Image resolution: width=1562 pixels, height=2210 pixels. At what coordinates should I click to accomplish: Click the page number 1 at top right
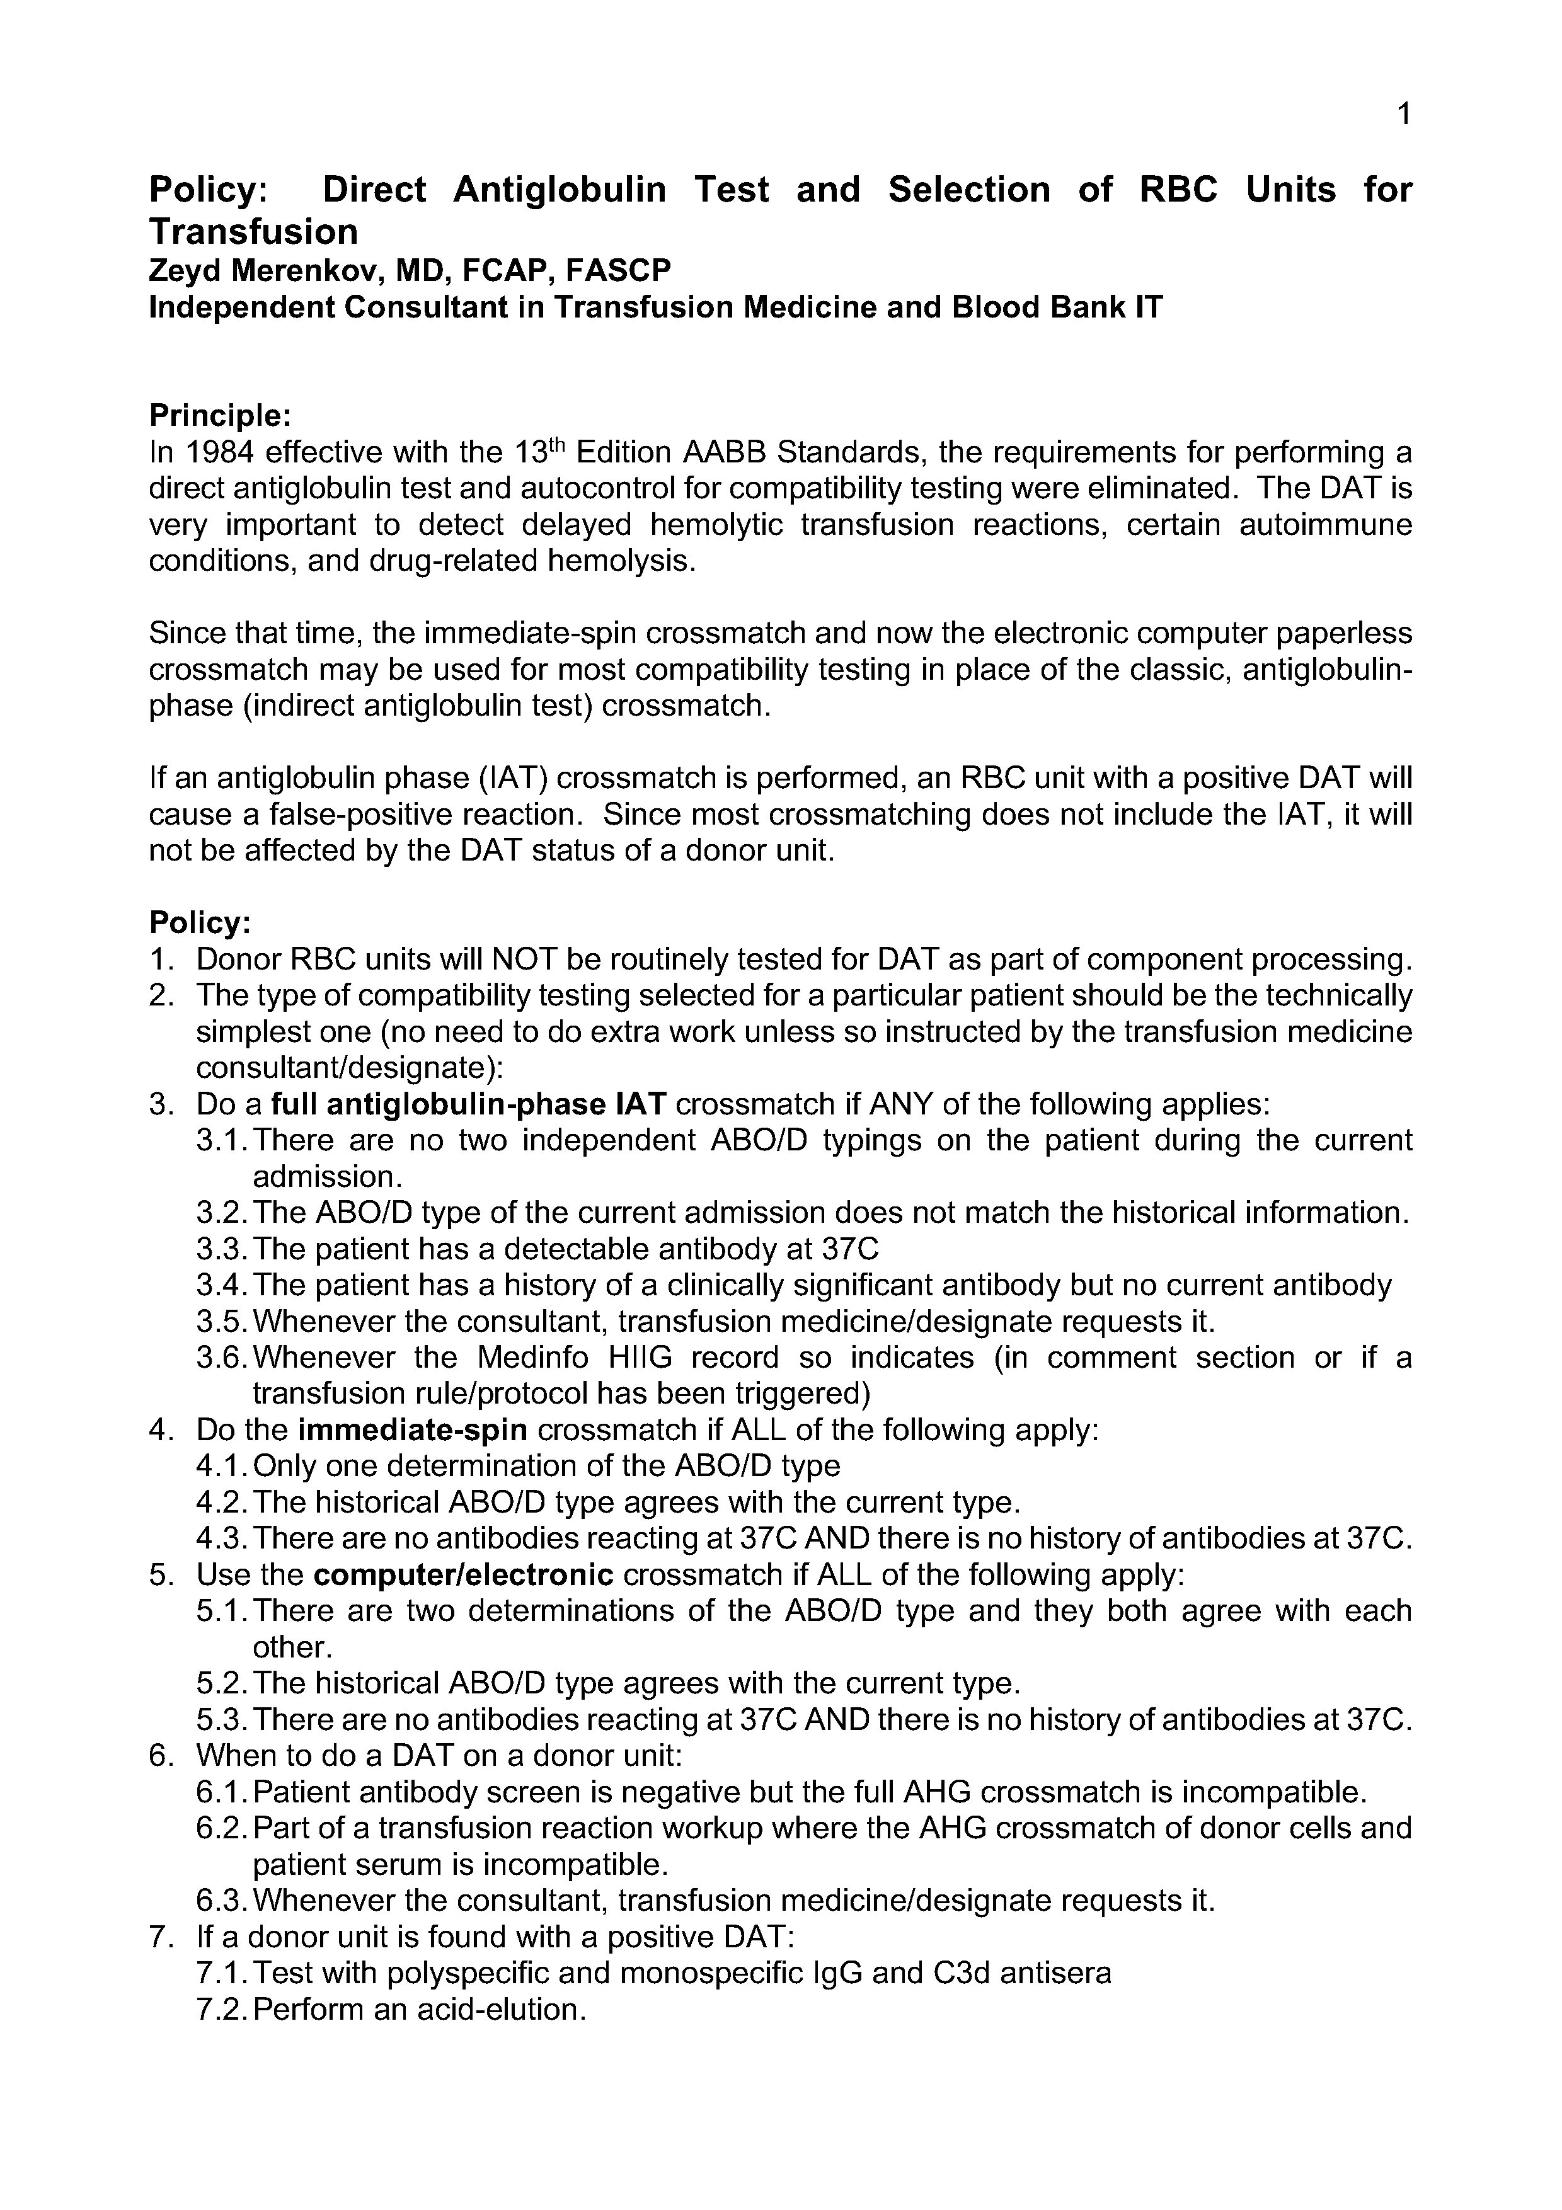(1403, 115)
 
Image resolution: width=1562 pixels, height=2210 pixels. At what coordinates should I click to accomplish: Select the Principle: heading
(219, 416)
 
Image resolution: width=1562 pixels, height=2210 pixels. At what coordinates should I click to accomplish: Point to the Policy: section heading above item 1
(199, 923)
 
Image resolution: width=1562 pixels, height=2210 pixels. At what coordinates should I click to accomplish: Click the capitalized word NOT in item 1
(524, 959)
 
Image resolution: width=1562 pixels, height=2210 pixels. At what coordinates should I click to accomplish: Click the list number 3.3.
(221, 1249)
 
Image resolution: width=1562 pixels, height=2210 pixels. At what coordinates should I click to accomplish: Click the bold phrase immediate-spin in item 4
(413, 1430)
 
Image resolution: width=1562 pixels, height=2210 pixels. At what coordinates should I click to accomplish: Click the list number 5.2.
(221, 1683)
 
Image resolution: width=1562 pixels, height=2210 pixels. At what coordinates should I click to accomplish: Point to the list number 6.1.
(221, 1792)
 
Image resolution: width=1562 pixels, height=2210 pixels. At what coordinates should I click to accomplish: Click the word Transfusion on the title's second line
(253, 232)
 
